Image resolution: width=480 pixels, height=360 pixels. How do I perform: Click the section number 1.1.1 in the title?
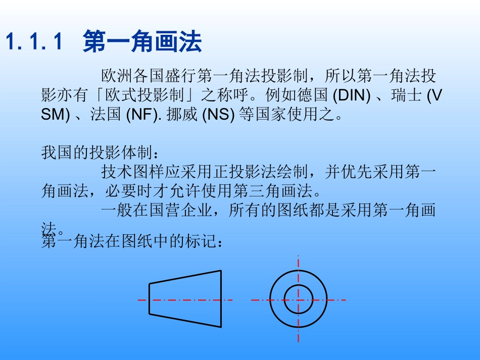coord(34,41)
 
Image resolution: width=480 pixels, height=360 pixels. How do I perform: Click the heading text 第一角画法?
coord(142,41)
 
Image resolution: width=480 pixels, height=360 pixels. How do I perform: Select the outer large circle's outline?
coord(270,299)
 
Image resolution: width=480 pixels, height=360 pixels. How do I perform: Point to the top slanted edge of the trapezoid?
coord(185,277)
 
